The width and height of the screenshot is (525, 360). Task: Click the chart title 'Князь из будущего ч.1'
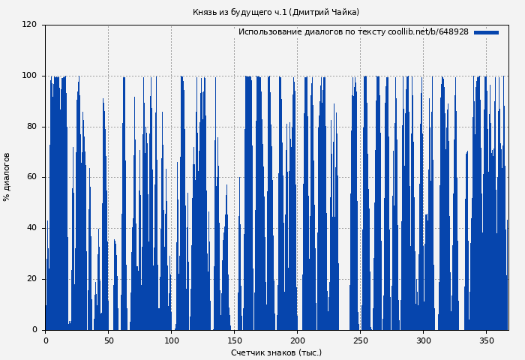coord(238,13)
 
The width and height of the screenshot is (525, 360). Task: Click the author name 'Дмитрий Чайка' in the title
coord(324,13)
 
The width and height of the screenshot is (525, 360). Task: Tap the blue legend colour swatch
coord(486,32)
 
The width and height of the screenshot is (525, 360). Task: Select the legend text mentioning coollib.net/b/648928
coord(353,32)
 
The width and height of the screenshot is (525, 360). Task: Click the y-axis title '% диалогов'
coord(7,177)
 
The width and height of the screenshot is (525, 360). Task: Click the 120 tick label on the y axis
coord(29,25)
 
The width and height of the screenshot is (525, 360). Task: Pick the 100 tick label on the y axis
coord(29,76)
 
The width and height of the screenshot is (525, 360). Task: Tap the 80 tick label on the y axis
coord(31,127)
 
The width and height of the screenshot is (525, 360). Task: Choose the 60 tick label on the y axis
coord(31,178)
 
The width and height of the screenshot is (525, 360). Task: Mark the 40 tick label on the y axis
coord(31,228)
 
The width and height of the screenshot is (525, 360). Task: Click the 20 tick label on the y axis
coord(31,279)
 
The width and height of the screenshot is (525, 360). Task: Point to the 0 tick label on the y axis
coord(34,330)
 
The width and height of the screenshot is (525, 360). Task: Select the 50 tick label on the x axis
coord(108,340)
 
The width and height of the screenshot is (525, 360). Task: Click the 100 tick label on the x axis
coord(171,340)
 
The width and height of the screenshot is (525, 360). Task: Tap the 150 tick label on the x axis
coord(234,340)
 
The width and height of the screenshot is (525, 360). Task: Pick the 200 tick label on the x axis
coord(297,340)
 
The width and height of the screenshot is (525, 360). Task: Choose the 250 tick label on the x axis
coord(360,340)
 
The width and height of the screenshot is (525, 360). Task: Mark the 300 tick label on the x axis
coord(423,340)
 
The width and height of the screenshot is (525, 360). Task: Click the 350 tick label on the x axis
coord(486,340)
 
